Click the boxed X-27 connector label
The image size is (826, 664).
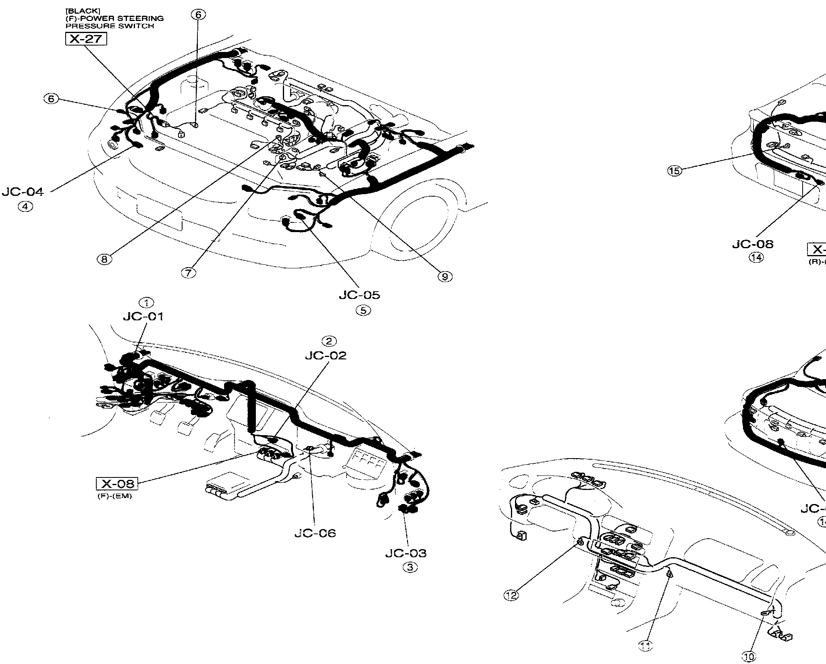[86, 39]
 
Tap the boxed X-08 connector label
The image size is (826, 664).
[117, 483]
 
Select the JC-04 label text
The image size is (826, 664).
[23, 192]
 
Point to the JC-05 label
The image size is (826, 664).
[359, 295]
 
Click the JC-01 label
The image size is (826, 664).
[143, 317]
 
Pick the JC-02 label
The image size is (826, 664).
[326, 356]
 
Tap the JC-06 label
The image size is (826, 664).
[315, 533]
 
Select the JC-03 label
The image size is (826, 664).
[406, 553]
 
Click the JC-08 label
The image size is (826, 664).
[753, 244]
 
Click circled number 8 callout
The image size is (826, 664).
[104, 259]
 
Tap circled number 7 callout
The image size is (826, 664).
[188, 273]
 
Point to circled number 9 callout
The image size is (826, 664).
[445, 276]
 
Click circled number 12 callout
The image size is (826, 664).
[512, 595]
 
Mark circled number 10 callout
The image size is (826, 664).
[749, 657]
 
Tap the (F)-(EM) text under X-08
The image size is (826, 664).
[115, 496]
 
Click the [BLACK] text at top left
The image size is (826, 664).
[77, 11]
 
